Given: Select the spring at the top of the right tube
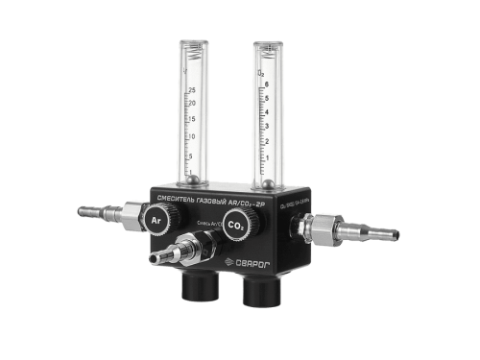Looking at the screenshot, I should [x=270, y=51].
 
